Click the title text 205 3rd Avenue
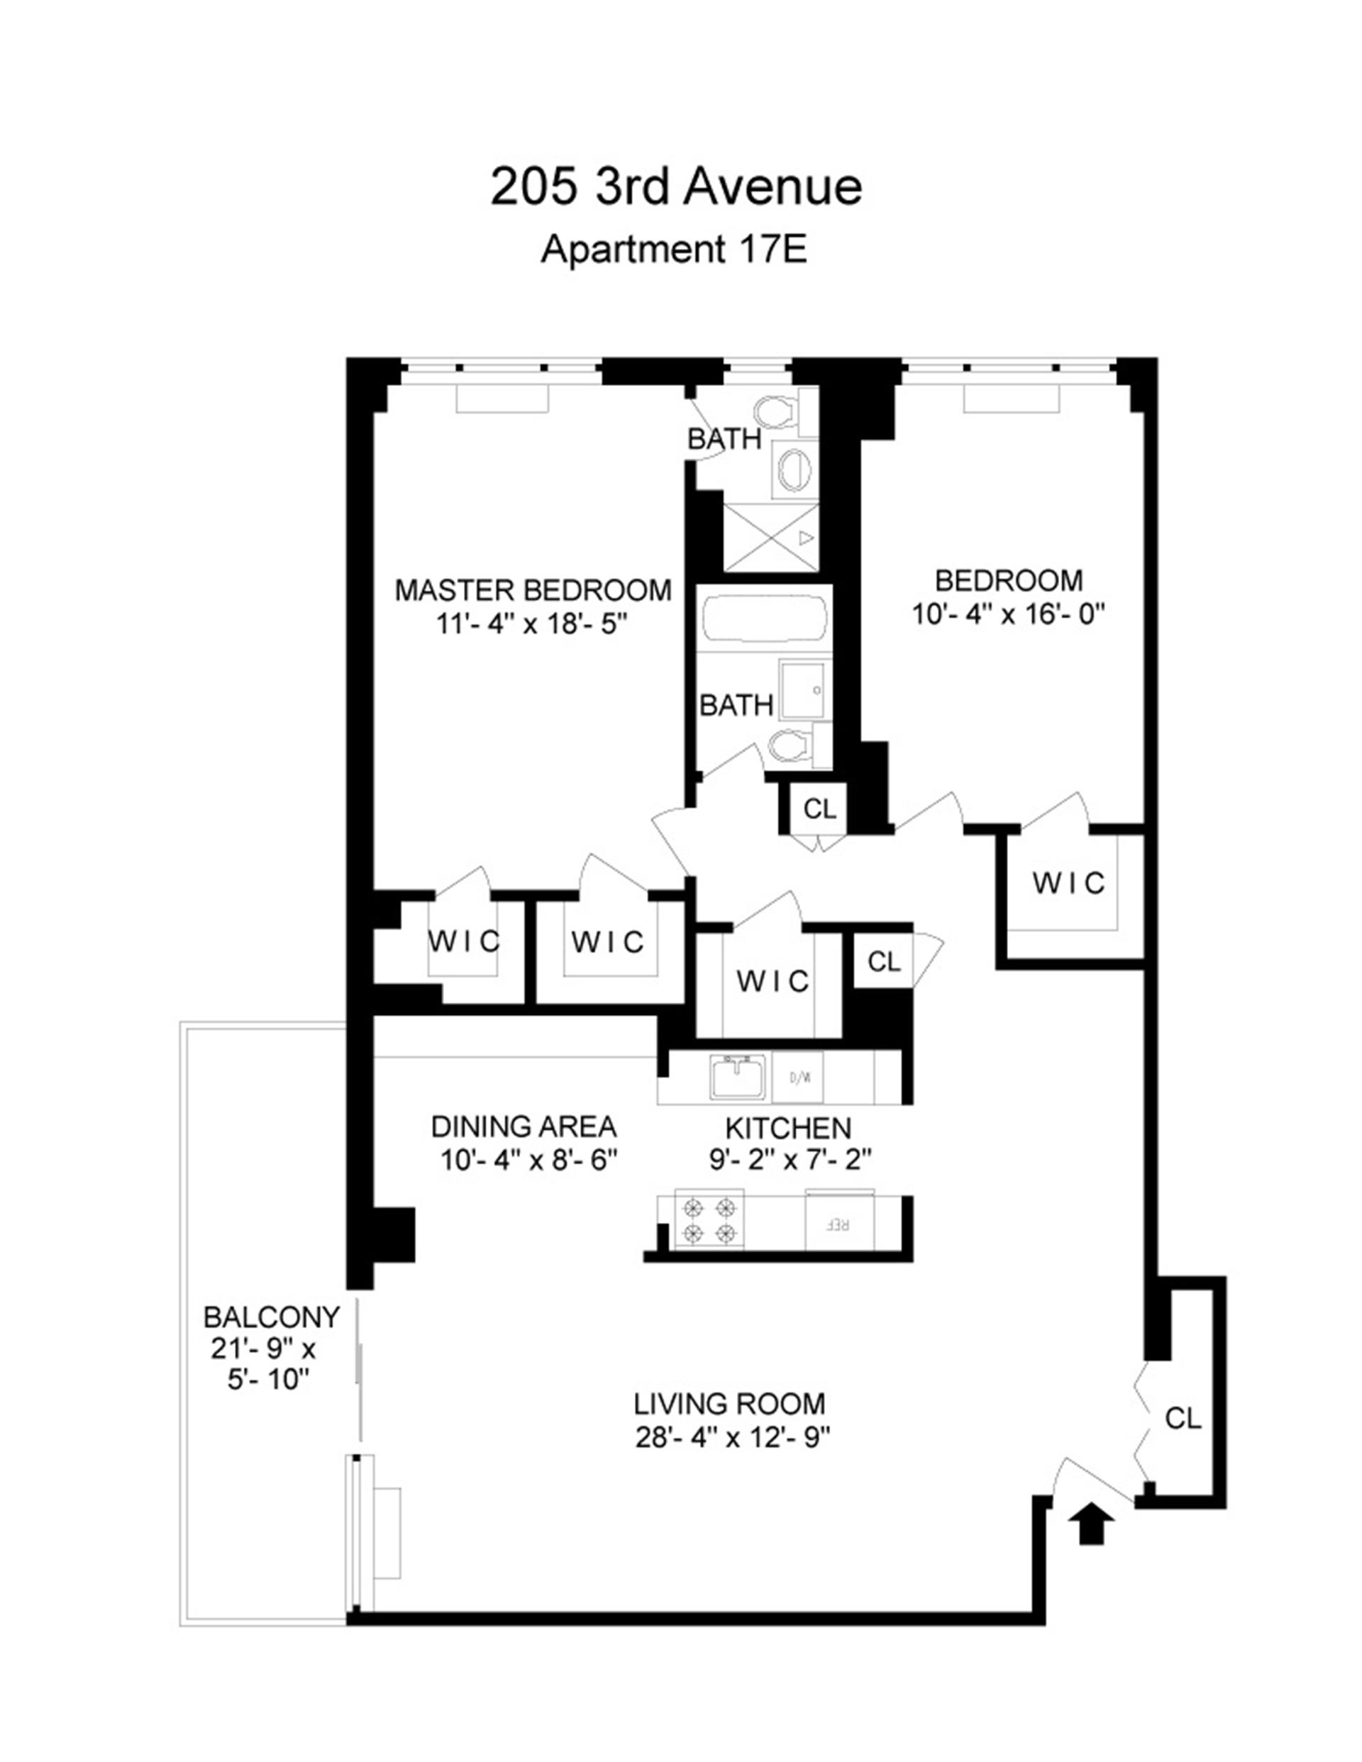(x=675, y=187)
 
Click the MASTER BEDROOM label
(x=533, y=591)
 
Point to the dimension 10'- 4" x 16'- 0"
(x=1008, y=615)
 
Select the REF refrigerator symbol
(x=839, y=1223)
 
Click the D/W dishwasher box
(x=798, y=1077)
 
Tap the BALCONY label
(x=271, y=1317)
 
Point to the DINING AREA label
(x=524, y=1126)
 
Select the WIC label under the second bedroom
(x=1068, y=882)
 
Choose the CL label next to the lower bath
(x=820, y=809)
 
